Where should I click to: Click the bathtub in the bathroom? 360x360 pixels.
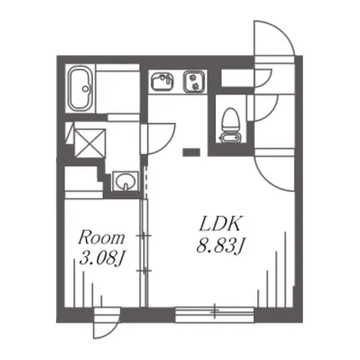coord(81,89)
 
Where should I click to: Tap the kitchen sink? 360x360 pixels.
coord(162,81)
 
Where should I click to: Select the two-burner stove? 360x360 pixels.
coord(194,81)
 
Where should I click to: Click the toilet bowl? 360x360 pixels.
coord(230,121)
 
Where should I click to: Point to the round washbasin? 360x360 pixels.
coord(125,182)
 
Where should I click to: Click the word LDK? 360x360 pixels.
coord(219,224)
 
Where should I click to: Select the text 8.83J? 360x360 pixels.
coord(220,246)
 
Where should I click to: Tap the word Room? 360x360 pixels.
coord(101,238)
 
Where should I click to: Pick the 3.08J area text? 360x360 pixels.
coord(101,258)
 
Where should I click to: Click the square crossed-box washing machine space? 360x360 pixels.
coord(90,143)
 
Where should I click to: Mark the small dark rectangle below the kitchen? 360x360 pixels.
coord(191,152)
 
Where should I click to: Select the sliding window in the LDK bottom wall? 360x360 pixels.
coord(214,314)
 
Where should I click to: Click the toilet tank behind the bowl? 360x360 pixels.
coord(229,138)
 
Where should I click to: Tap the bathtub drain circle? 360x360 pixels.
coord(85,89)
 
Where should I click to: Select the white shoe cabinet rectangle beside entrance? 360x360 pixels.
coord(238,78)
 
